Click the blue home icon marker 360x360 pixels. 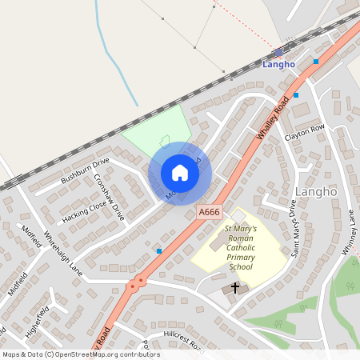coord(180,173)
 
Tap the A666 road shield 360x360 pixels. coord(209,212)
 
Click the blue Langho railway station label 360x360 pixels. coord(278,64)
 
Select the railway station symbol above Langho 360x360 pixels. coord(278,51)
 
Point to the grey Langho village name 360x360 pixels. coord(317,193)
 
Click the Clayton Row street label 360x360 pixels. coord(305,132)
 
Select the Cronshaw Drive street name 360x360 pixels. coord(110,197)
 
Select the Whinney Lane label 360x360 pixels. coord(350,240)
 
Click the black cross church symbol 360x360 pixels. coord(235,286)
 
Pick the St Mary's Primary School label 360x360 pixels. coord(238,247)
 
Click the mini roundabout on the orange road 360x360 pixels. coord(139,281)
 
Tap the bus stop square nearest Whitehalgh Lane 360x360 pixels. coord(159,251)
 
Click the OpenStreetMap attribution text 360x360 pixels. coord(80,354)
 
